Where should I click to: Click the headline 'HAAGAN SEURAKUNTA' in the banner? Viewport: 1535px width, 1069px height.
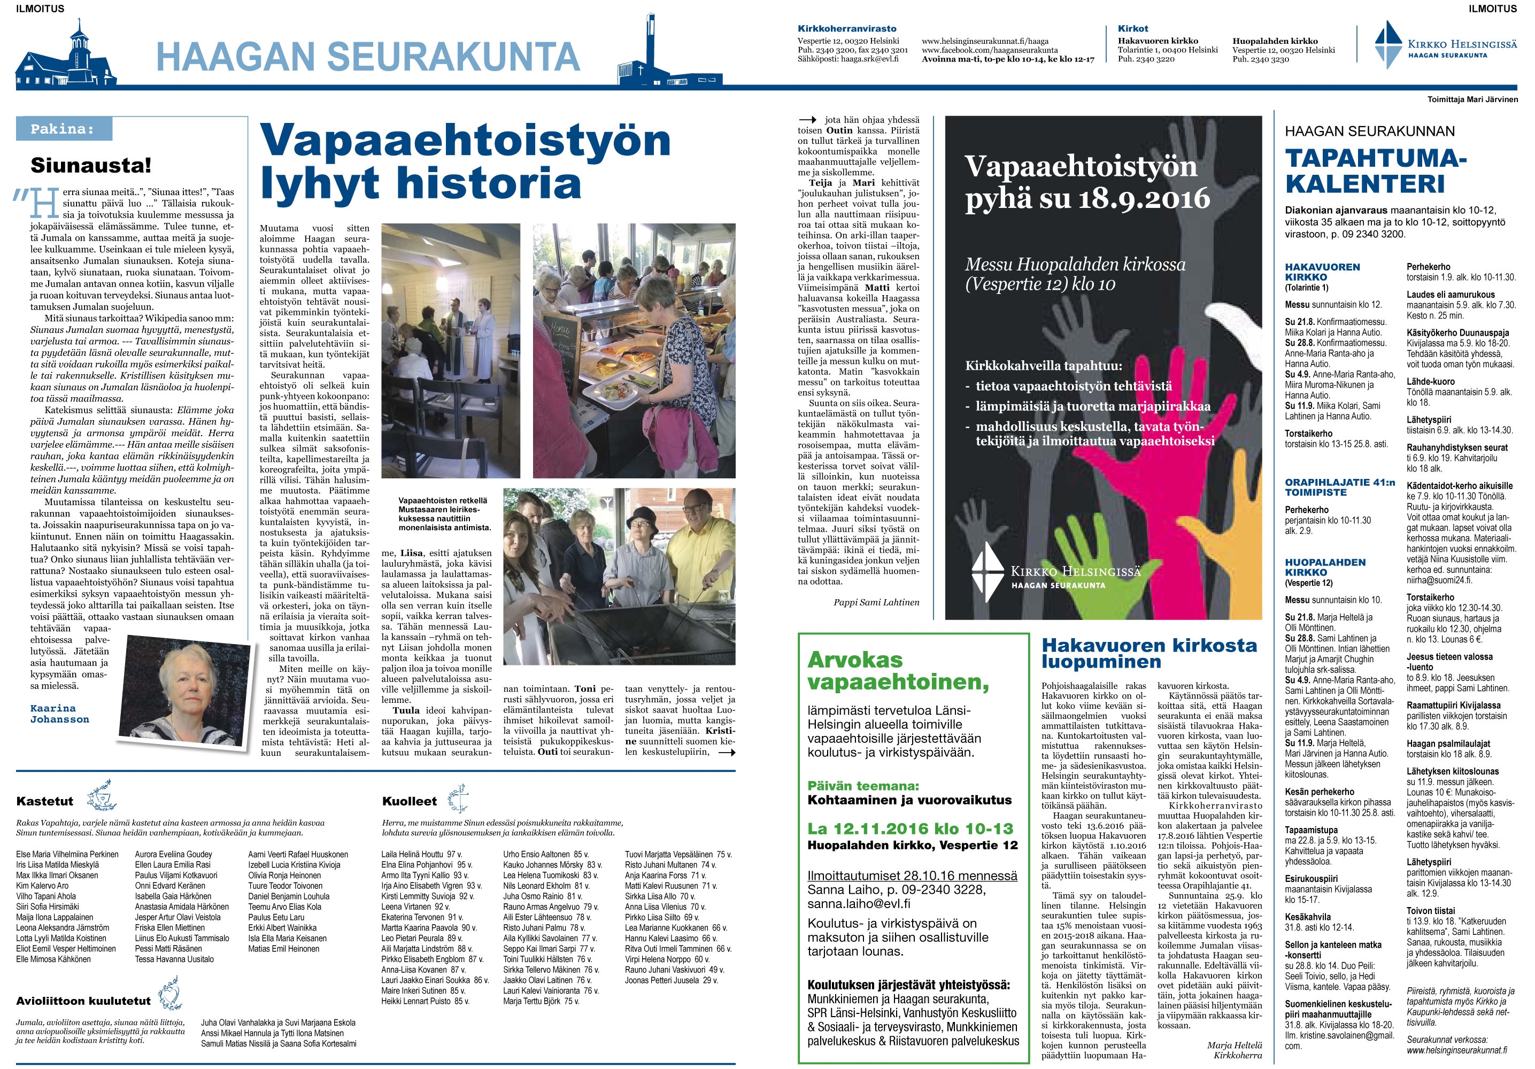click(x=368, y=56)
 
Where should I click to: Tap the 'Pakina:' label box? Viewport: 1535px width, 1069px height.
click(x=64, y=129)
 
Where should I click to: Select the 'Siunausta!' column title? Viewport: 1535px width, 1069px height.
click(x=91, y=165)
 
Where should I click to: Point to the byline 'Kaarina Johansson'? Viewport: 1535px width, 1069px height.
click(x=59, y=714)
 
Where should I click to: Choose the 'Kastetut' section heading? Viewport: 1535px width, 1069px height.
click(x=45, y=801)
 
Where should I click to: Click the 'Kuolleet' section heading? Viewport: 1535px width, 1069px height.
click(x=409, y=801)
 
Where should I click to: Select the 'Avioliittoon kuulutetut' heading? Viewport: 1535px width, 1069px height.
click(x=83, y=1000)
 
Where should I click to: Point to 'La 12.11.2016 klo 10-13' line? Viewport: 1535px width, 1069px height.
click(x=910, y=828)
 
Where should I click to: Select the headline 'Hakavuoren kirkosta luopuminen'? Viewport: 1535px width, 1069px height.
click(x=1149, y=653)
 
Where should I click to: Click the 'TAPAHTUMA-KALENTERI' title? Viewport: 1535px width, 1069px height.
click(x=1375, y=171)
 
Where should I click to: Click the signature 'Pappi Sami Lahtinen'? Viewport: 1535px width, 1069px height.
click(x=876, y=602)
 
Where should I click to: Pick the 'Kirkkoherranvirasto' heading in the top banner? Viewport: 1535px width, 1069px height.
click(x=847, y=29)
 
